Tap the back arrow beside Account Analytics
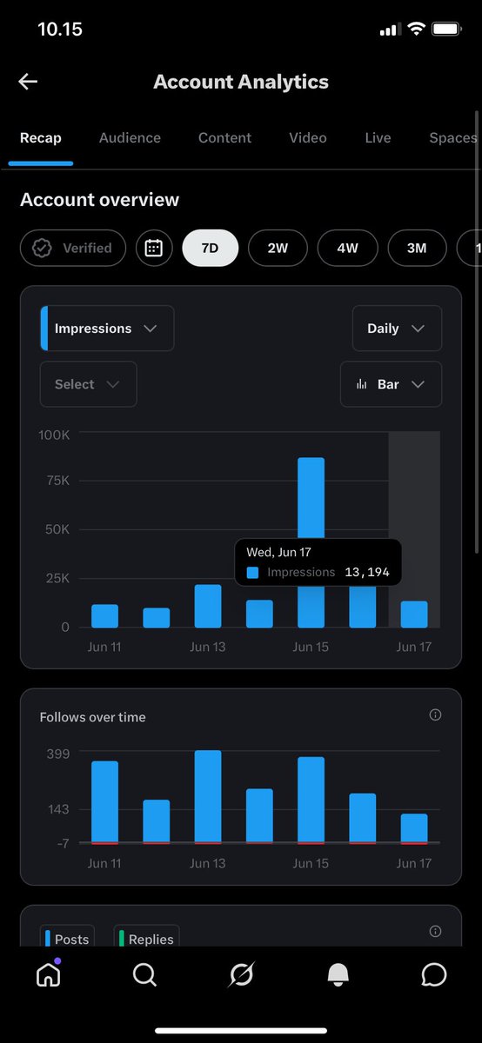pos(28,82)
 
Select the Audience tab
pos(130,138)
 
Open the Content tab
pos(224,138)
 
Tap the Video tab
pos(308,138)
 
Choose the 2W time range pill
pos(278,248)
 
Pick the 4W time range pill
pos(348,248)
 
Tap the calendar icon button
pos(154,248)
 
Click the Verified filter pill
pos(73,248)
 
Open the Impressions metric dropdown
pos(107,329)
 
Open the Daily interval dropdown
pos(397,329)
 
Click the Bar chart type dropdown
pos(391,384)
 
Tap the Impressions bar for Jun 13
pos(208,607)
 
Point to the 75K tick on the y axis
pos(57,481)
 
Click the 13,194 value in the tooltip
pos(367,572)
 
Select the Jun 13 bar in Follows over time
pos(208,797)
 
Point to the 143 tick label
pos(58,809)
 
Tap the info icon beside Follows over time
pos(435,714)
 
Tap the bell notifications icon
pos(338,974)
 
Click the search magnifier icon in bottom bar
pos(144,974)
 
